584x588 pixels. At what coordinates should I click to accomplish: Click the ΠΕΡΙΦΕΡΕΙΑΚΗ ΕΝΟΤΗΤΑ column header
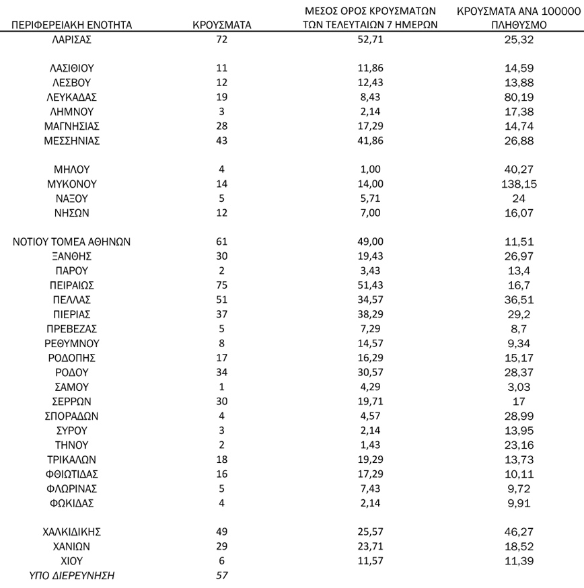pos(71,26)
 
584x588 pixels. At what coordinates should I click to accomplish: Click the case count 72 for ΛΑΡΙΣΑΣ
pos(222,39)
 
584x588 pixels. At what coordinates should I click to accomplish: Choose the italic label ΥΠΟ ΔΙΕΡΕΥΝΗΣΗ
pos(71,575)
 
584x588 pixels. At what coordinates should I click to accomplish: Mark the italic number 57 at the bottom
pos(222,575)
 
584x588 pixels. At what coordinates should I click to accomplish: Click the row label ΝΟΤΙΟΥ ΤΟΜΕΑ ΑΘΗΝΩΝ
pos(71,242)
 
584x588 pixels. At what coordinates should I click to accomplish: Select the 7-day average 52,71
pos(371,39)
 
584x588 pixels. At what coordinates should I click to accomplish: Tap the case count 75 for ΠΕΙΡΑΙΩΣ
pos(222,285)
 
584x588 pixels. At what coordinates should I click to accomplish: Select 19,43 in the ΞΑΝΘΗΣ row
pos(371,256)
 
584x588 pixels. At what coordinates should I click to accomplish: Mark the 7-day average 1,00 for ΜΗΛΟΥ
pos(371,170)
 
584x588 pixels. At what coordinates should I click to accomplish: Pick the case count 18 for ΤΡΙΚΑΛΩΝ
pos(222,460)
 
